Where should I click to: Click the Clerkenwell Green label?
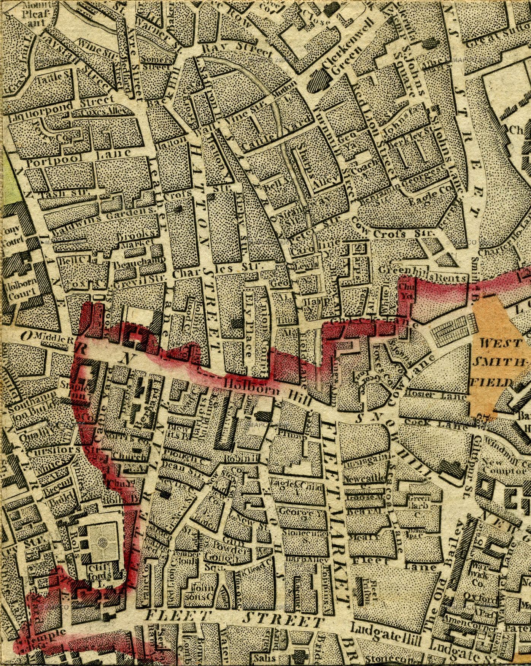tap(340, 57)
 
